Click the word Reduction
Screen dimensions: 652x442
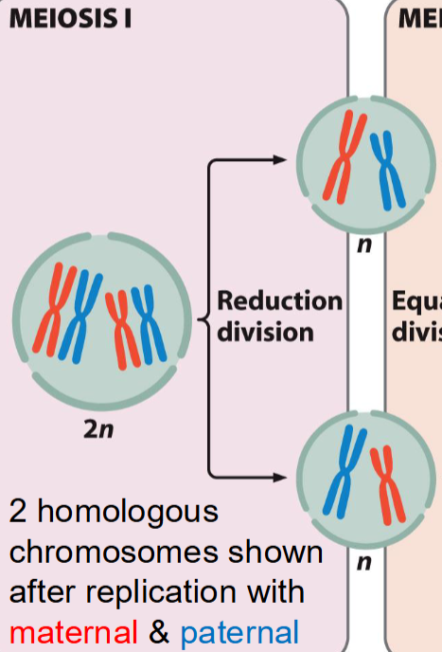[279, 301]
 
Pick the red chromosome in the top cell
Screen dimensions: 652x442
[339, 155]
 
